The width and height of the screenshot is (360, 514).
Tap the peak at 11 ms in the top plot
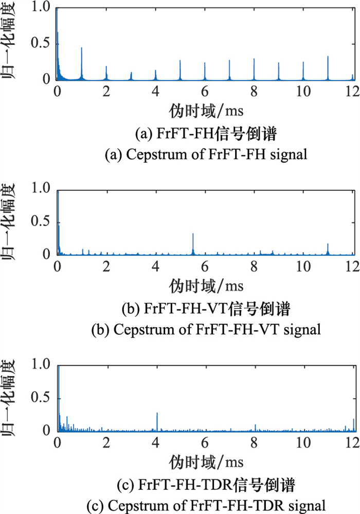(x=328, y=57)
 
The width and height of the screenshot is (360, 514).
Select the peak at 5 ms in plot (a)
(x=180, y=61)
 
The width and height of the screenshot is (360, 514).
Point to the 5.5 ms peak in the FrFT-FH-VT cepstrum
(x=193, y=234)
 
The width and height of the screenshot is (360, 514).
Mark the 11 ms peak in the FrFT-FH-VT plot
(x=328, y=244)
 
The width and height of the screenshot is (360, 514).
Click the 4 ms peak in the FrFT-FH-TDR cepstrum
(x=157, y=413)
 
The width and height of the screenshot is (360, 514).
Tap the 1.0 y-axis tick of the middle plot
(x=43, y=189)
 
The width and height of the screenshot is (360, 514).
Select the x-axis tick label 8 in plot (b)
(x=254, y=267)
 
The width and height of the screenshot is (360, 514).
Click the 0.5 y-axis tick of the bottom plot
(x=43, y=398)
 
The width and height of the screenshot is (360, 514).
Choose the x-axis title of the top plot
(x=205, y=110)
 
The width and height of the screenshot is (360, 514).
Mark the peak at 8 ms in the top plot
(x=254, y=59)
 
